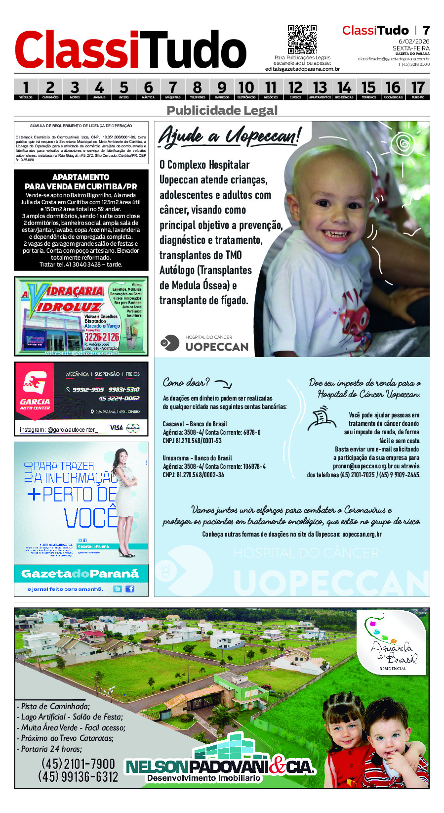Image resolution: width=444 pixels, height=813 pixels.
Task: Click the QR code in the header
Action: pyautogui.click(x=302, y=40)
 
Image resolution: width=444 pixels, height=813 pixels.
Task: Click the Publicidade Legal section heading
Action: pyautogui.click(x=222, y=110)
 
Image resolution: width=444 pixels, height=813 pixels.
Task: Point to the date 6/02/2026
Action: pyautogui.click(x=414, y=42)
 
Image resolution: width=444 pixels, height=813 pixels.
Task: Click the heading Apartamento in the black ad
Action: pyautogui.click(x=81, y=177)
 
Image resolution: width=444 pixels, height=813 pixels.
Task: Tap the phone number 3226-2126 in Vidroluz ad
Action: pyautogui.click(x=102, y=337)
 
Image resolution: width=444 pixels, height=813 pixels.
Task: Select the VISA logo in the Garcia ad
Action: pyautogui.click(x=116, y=428)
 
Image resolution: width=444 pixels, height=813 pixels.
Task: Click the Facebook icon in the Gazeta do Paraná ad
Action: pyautogui.click(x=130, y=588)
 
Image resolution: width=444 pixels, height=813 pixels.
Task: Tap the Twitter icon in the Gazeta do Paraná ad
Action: pyautogui.click(x=118, y=588)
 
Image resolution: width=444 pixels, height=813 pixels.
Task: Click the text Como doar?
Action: pyautogui.click(x=186, y=382)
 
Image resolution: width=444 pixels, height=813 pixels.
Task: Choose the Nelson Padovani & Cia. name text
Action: pyautogui.click(x=220, y=767)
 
